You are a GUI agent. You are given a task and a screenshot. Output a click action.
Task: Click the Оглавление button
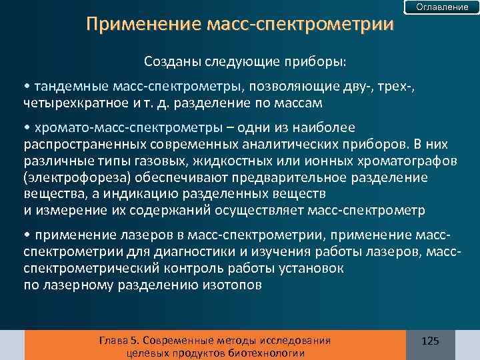point(442,7)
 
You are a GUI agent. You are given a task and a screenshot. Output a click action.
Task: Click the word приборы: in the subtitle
point(319,62)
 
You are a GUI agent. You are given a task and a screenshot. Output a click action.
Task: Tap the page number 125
point(431,341)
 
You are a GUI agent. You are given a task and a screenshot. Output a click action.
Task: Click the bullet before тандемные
point(26,87)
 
